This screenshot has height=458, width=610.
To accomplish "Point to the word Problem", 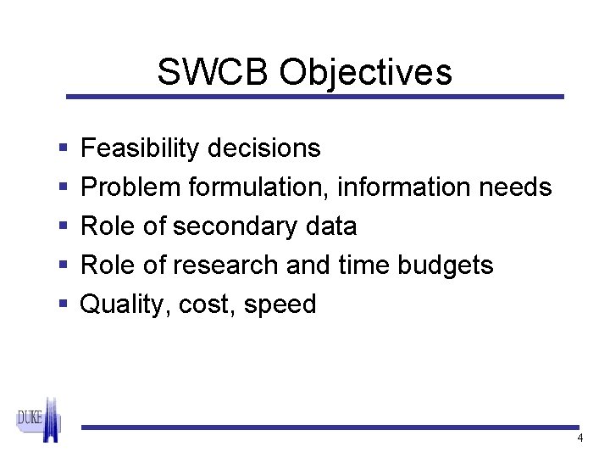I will point(130,187).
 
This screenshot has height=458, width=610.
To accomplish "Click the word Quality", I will point(124,304).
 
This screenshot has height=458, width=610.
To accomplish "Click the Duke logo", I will point(39,419).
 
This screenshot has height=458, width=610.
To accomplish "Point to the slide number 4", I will point(579,438).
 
